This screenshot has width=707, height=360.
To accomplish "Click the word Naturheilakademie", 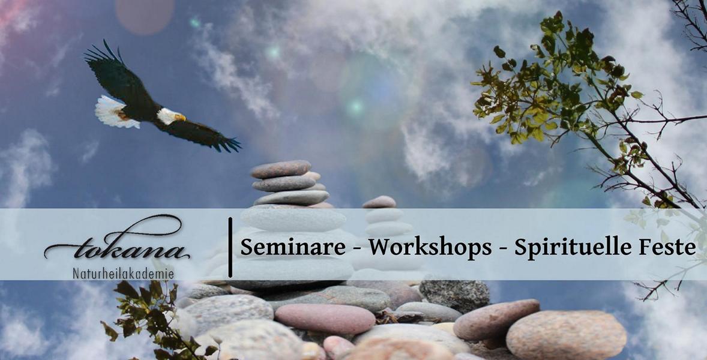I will [123, 274].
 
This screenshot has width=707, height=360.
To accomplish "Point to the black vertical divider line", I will [230, 247].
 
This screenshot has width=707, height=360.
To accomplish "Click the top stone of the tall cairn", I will [281, 169].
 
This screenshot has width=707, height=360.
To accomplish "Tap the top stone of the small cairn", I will [379, 202].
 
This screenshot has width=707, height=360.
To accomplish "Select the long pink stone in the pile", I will [325, 318].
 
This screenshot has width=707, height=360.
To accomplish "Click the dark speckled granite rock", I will [454, 293].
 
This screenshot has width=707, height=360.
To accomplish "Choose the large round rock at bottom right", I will [566, 334].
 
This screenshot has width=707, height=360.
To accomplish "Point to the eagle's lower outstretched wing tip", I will [231, 145].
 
